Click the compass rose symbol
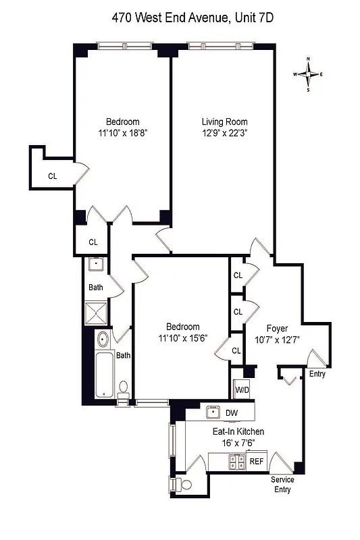(x=309, y=74)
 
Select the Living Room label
(x=220, y=122)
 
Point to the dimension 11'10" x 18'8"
(x=122, y=133)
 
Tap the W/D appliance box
(x=242, y=389)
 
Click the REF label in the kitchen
(x=256, y=462)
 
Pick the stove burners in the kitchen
(x=236, y=462)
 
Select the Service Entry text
(x=282, y=484)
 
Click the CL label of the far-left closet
(x=53, y=176)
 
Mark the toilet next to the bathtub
(x=123, y=389)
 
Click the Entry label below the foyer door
(x=317, y=373)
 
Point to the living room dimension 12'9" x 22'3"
(x=220, y=133)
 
